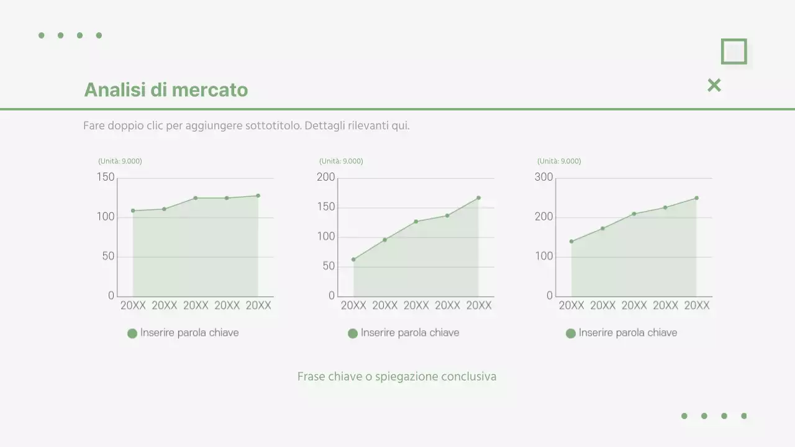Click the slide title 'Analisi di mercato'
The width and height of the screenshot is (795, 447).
[166, 90]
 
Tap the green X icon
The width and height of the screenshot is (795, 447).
[714, 86]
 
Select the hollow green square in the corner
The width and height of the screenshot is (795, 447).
[734, 52]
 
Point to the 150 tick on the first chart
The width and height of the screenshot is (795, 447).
[106, 178]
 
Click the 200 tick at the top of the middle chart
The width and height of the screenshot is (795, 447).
[326, 178]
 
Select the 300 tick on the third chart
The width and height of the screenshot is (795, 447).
[544, 178]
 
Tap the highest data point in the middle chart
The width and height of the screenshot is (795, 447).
[478, 197]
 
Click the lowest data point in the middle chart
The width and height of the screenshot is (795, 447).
[353, 260]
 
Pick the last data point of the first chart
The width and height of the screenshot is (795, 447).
[258, 196]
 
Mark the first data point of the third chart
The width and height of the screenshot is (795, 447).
[571, 242]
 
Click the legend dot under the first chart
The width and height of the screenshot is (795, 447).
[132, 333]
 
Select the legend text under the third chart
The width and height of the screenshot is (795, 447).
[628, 333]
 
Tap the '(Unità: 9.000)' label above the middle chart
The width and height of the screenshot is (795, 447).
[341, 161]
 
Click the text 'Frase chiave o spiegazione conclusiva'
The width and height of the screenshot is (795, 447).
[397, 377]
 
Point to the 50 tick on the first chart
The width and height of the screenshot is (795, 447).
[109, 256]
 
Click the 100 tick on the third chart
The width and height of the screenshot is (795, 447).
[544, 256]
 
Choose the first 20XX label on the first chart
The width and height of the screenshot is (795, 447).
[133, 305]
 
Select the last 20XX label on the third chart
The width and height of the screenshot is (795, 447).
[696, 305]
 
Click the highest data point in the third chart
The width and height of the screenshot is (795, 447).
[696, 198]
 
